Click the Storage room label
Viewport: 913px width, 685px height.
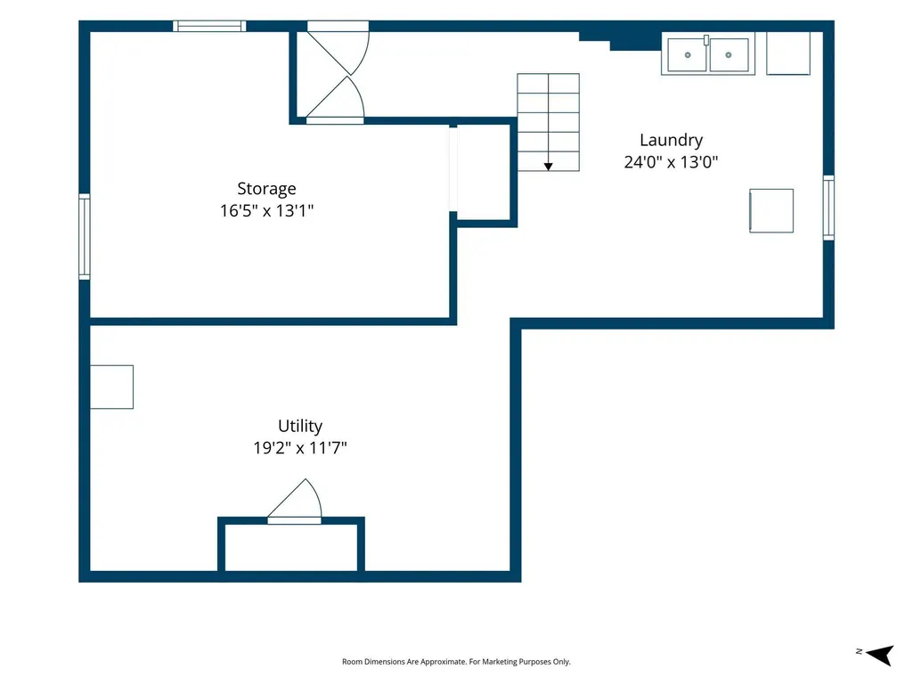pyautogui.click(x=266, y=189)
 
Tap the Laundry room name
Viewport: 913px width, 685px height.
pyautogui.click(x=671, y=141)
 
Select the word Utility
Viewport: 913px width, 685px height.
pyautogui.click(x=300, y=427)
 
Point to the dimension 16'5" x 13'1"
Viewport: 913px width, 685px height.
pyautogui.click(x=266, y=210)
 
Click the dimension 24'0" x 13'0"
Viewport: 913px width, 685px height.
pyautogui.click(x=671, y=162)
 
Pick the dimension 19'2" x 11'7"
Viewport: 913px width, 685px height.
pyautogui.click(x=300, y=448)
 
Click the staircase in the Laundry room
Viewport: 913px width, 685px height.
pyautogui.click(x=548, y=122)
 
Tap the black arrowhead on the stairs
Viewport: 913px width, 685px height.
pyautogui.click(x=548, y=167)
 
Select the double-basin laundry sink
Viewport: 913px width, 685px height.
pyautogui.click(x=708, y=54)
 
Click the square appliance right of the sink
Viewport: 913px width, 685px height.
pyautogui.click(x=788, y=53)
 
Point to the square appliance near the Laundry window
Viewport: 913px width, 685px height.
pyautogui.click(x=771, y=211)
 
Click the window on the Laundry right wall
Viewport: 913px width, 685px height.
pyautogui.click(x=828, y=208)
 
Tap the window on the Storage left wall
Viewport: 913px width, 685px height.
pyautogui.click(x=85, y=236)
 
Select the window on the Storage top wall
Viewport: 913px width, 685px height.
pyautogui.click(x=209, y=26)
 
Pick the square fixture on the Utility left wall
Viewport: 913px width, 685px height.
pyautogui.click(x=112, y=387)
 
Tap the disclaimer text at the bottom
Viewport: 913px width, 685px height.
pyautogui.click(x=456, y=662)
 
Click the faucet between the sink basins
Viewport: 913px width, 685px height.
pyautogui.click(x=706, y=40)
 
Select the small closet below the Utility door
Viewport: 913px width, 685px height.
pyautogui.click(x=291, y=548)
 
